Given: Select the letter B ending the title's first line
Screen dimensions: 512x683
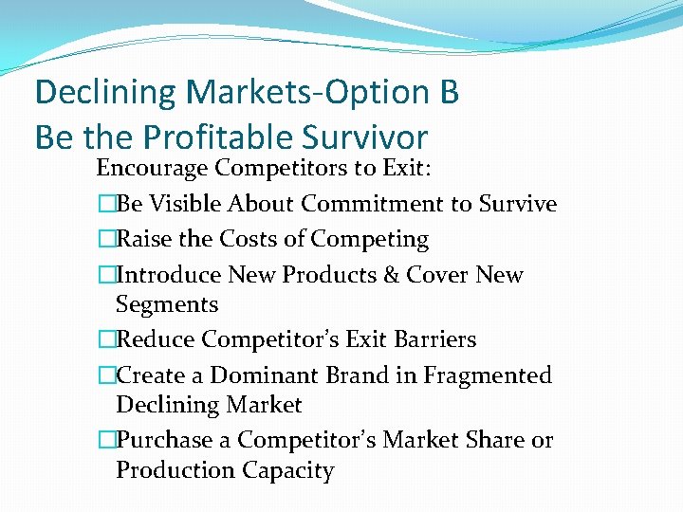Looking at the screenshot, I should pyautogui.click(x=450, y=92).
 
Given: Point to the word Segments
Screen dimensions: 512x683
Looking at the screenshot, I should pyautogui.click(x=167, y=305).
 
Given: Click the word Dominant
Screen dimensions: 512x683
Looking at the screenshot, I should pyautogui.click(x=253, y=375).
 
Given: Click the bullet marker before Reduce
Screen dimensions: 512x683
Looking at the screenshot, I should pyautogui.click(x=106, y=339).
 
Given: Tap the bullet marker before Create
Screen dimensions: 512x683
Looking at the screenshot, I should pyautogui.click(x=106, y=375).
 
